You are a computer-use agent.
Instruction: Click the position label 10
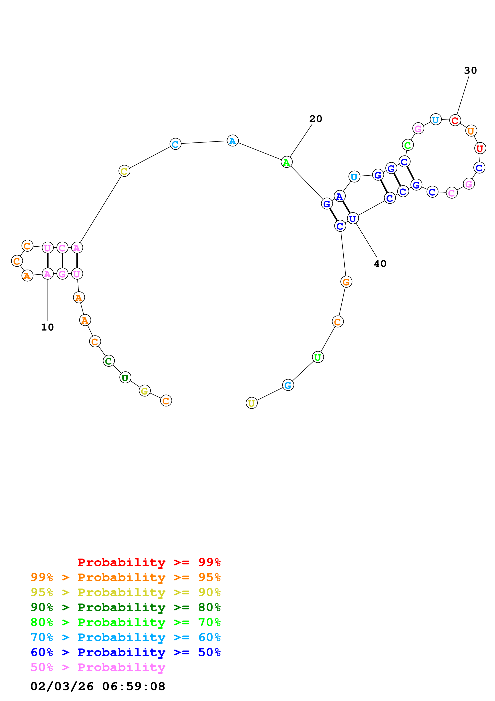pos(47,327)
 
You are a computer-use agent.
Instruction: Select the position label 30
pos(470,71)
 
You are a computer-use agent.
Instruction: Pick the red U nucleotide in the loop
pos(480,148)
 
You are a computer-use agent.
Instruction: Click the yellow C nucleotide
pos(124,171)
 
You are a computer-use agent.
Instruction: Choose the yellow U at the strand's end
pos(251,403)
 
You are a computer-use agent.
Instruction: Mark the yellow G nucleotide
pos(145,391)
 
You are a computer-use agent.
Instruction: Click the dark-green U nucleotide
pos(125,378)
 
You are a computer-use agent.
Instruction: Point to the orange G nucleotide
pos(346,282)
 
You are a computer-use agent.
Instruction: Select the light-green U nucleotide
pos(318,357)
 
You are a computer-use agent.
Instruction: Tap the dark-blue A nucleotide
pos(339,196)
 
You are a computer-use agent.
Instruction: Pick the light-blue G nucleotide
pos(288,385)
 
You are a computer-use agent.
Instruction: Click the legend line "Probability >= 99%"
pos(149,562)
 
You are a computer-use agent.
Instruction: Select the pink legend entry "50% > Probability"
pos(98,667)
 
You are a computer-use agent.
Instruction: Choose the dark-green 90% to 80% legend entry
pos(125,607)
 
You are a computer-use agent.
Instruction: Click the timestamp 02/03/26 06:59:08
pos(98,687)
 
